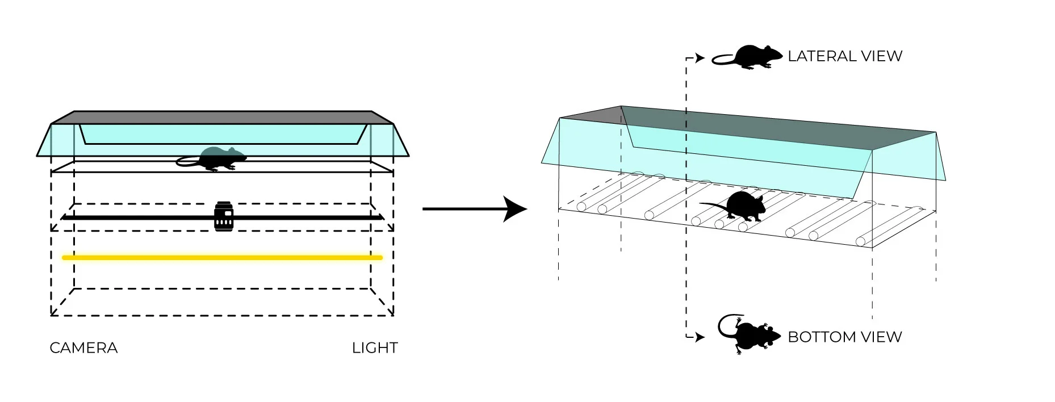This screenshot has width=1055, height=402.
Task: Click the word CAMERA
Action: (83, 348)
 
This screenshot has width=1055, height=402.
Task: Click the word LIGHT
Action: (375, 348)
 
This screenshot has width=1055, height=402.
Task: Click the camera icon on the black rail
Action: (224, 216)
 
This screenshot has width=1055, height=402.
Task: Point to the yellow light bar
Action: (221, 258)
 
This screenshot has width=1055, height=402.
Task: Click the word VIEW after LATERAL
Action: (881, 56)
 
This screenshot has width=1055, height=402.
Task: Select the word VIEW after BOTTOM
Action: (881, 337)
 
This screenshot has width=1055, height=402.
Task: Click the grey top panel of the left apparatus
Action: (221, 118)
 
